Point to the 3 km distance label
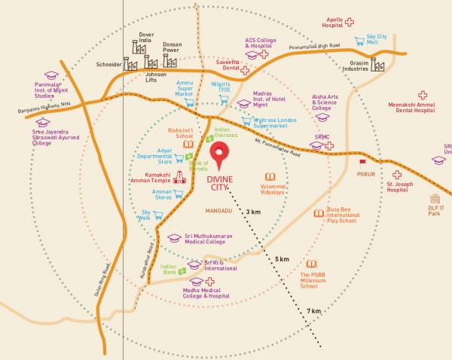pyautogui.click(x=252, y=213)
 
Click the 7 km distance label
pyautogui.click(x=313, y=311)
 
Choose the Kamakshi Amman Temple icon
pyautogui.click(x=179, y=178)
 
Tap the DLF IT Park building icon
pyautogui.click(x=435, y=199)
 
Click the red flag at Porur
pyautogui.click(x=362, y=161)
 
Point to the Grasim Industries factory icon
pyautogui.click(x=377, y=65)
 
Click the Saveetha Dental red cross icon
pyautogui.click(x=245, y=70)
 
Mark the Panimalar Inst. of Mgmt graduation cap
pyautogui.click(x=51, y=76)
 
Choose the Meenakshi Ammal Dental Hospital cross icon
pyautogui.click(x=423, y=95)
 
